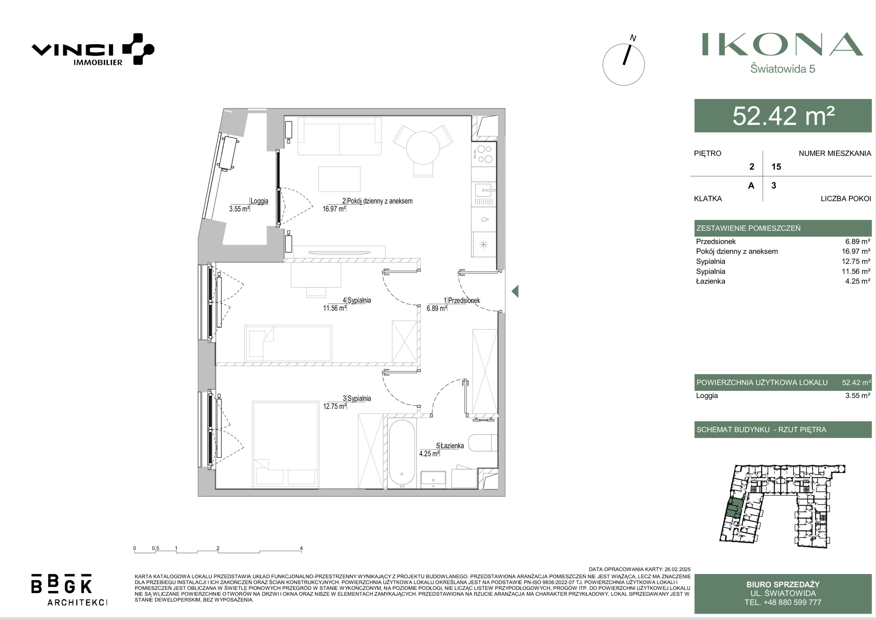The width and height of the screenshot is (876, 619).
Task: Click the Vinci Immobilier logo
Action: (x=93, y=50)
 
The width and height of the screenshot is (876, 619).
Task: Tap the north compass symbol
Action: (x=623, y=64)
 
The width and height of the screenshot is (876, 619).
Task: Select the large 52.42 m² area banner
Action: (x=783, y=116)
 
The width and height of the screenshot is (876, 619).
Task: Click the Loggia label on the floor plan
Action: (x=259, y=201)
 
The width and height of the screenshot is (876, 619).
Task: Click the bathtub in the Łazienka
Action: (x=402, y=453)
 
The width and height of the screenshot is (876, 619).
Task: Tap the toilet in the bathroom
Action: (x=482, y=443)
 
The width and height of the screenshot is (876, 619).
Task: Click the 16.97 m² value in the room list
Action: (x=856, y=251)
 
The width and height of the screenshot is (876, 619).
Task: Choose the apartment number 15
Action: (x=776, y=167)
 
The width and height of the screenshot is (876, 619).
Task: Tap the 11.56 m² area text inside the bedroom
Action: (x=334, y=308)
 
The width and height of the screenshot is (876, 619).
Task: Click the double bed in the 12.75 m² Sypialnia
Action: (x=285, y=444)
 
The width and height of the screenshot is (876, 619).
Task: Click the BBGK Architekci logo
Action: (x=69, y=589)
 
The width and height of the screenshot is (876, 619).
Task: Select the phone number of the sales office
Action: (x=783, y=602)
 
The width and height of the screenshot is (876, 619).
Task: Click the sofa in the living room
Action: (x=339, y=136)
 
